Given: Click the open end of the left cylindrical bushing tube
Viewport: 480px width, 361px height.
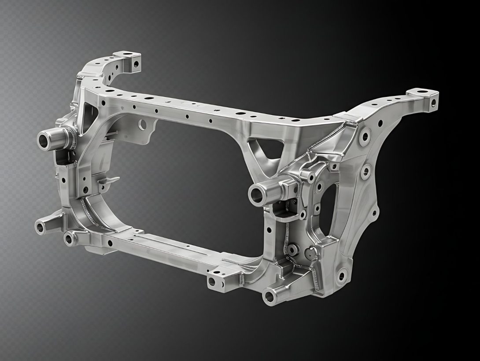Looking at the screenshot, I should [44, 140].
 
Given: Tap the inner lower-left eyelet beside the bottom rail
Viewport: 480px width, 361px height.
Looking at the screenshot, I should [70, 239].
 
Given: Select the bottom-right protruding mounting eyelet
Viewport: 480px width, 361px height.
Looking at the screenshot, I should [269, 298].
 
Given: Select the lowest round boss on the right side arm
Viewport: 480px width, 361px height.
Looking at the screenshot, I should [341, 276].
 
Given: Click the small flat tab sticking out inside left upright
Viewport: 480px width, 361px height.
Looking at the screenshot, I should [108, 180].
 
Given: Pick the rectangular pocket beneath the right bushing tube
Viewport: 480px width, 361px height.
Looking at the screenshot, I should [281, 214].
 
